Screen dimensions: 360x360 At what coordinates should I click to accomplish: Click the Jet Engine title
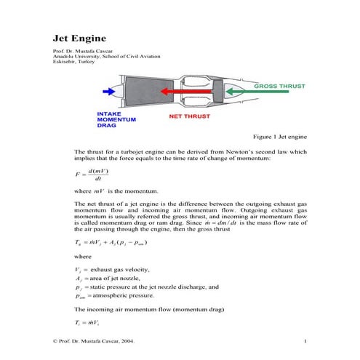80,37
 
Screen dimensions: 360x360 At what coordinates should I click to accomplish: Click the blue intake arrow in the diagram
109,92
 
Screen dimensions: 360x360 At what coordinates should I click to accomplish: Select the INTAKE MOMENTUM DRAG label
116,119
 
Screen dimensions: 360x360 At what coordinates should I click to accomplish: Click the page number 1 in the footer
305,340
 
